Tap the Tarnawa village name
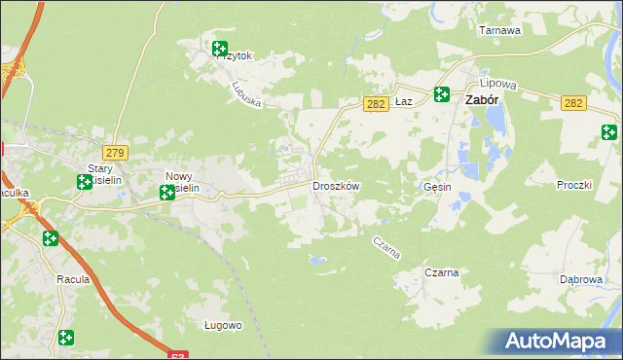pos(500,30)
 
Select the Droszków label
pos(336,186)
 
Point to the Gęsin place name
pos(439,186)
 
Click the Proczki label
pos(574,185)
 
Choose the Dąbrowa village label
pos(580,278)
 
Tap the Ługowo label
pos(223,325)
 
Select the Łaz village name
pos(407,101)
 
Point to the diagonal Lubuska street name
pos(248,93)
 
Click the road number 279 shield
pos(116,153)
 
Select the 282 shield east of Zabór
pos(573,103)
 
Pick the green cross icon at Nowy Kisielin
pos(167,193)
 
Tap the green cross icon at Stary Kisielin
pos(85,181)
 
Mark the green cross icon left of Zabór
pos(442,94)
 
